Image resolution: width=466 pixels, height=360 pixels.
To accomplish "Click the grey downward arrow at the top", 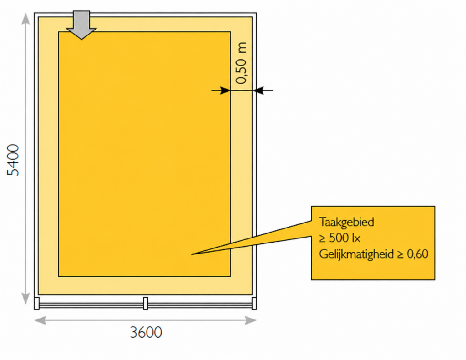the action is pos(81,25).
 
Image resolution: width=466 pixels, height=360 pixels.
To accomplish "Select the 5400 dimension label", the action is pos(13,160).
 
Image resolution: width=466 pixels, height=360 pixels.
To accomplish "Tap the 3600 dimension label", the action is pos(146,332).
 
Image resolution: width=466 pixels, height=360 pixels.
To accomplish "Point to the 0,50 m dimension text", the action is pos(241,63).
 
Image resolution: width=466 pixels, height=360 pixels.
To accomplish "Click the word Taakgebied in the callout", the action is pos(346,222).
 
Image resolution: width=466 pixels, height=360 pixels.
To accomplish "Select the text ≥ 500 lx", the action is pos(339,238).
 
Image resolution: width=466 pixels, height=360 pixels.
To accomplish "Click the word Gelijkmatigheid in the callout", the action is pos(356,254).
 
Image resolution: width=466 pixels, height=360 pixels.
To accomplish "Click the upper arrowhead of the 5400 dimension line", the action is pos(26,18).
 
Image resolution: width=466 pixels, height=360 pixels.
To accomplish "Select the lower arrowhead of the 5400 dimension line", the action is pos(26,298).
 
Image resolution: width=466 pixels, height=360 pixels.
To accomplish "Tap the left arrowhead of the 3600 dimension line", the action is pos(40,320).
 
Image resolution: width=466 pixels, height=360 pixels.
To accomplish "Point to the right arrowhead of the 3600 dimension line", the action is pos(251,320).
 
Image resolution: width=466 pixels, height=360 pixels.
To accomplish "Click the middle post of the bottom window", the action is pos(146,303).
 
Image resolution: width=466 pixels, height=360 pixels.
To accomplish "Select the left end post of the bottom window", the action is pos(36,303).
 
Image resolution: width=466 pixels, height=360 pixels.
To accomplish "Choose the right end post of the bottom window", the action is pos(254,303).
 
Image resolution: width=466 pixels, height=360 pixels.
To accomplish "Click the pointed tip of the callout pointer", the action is pos(192,254).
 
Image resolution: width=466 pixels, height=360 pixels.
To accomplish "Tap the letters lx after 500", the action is pos(355,238).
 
